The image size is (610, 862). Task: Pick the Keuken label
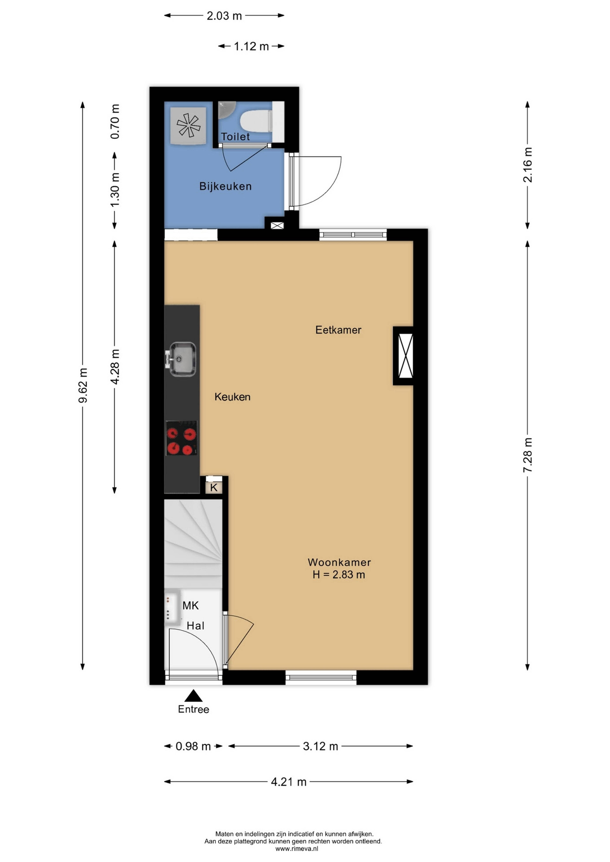233,397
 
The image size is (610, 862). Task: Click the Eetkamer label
338,330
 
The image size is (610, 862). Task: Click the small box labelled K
214,487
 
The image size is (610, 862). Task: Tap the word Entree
193,709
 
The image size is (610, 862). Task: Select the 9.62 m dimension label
83,385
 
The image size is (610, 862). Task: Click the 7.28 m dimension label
528,455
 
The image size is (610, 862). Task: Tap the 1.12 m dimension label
251,46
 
